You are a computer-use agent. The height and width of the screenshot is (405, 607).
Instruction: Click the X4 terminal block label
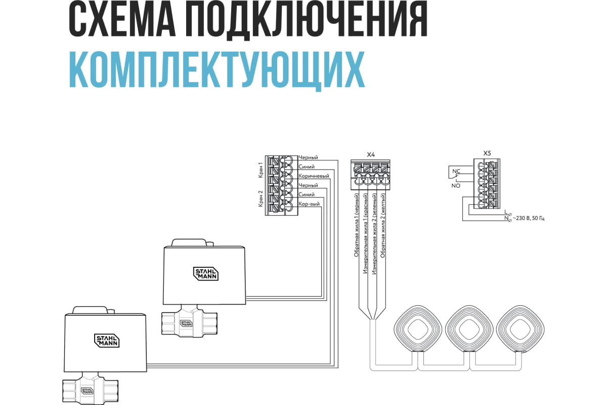click(x=371, y=154)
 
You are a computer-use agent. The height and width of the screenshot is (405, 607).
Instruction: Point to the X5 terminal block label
click(x=487, y=152)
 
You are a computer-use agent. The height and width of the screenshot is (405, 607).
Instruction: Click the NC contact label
click(x=456, y=171)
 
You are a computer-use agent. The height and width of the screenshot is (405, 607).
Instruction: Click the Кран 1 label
click(x=261, y=170)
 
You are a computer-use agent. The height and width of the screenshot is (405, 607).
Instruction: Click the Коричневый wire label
click(x=314, y=176)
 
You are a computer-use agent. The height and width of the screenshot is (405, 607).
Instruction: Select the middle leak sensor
click(x=469, y=329)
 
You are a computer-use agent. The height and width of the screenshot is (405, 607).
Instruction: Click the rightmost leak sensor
click(x=519, y=329)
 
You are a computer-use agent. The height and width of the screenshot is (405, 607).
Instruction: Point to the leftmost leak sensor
click(x=418, y=329)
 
